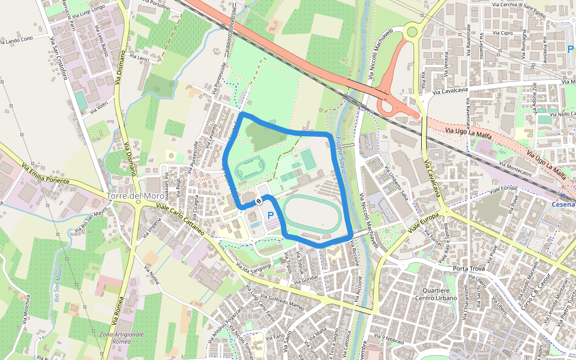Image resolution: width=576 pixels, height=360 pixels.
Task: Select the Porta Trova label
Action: coord(469,268)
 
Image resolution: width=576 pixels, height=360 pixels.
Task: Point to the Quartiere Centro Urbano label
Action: coord(436,294)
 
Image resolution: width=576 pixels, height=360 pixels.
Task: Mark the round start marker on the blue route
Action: coord(258,201)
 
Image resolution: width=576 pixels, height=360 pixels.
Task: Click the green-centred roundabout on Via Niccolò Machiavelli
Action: coord(412,32)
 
